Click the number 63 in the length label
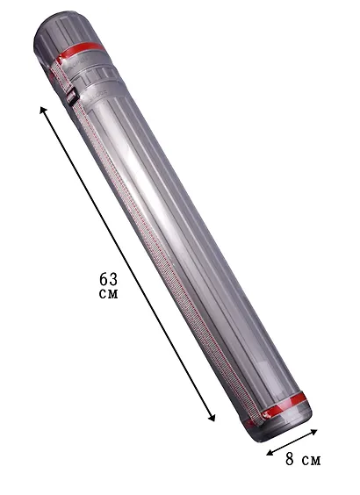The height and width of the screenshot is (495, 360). coord(108,279)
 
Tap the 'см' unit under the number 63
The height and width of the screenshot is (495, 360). coord(108,294)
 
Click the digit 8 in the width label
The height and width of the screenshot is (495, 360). coord(290,459)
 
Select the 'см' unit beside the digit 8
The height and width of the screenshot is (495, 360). coord(311,461)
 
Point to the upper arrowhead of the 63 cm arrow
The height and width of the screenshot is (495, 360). coord(43,111)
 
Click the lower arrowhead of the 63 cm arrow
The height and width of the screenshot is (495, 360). coord(212,418)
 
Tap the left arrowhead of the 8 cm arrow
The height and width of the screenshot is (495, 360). coord(270,453)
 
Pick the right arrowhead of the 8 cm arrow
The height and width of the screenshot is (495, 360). coord(313,432)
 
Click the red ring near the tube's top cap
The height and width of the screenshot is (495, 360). coord(81,51)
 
